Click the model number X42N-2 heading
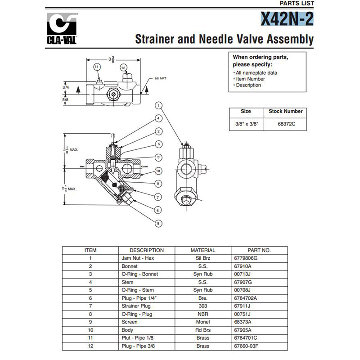click(287, 19)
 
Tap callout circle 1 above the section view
click(158, 105)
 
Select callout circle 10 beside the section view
click(158, 171)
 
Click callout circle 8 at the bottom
click(158, 223)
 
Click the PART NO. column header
click(259, 250)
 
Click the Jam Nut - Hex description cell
click(135, 258)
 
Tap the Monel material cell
click(203, 323)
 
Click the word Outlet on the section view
click(144, 166)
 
